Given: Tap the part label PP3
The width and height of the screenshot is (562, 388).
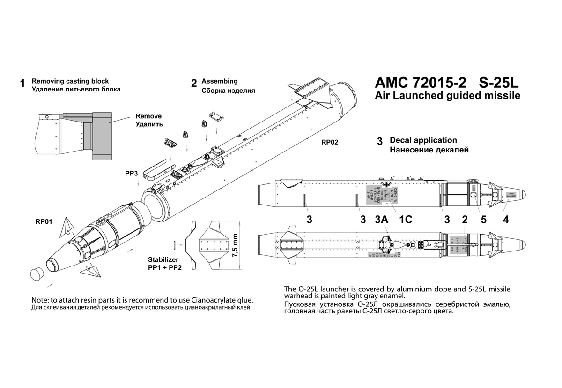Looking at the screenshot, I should coord(132,173).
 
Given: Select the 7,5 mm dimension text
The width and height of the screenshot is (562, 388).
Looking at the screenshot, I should coord(236,250).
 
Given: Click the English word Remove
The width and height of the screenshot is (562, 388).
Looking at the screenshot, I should coord(148,116).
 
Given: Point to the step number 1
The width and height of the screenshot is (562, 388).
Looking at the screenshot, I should coord(22,84).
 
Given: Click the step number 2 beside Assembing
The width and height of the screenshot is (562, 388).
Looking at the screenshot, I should coord(194,84).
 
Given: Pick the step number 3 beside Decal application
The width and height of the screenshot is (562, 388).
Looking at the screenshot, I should coord(380,141).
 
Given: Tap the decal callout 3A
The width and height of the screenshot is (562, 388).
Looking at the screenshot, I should coord(383,219).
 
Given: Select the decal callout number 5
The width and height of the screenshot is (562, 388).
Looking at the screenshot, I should coord(483,219).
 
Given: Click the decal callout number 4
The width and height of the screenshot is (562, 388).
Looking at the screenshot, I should coord(505,219).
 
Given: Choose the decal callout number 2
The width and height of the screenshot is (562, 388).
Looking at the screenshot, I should coord(465,219).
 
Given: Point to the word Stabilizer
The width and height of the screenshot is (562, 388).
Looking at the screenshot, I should coord(163,259).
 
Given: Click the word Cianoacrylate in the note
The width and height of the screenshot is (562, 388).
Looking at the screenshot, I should coord(207,300).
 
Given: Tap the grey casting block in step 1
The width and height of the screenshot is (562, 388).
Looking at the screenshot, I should coord(102,134).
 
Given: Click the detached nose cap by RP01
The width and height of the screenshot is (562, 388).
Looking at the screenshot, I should coord(37,274).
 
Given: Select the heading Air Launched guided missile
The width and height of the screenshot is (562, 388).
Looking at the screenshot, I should coord(447,96).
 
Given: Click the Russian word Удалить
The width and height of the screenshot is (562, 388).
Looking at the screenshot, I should coord(149,124).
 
